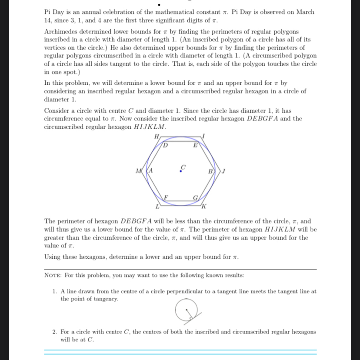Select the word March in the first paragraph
[305, 12]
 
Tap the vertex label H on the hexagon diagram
[157, 136]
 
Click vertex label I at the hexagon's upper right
[203, 136]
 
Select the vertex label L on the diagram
[157, 205]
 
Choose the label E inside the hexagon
[195, 145]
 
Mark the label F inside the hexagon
[166, 197]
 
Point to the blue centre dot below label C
[181, 171]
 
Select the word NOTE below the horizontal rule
[54, 276]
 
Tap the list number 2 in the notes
[54, 332]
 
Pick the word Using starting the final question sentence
[53, 257]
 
